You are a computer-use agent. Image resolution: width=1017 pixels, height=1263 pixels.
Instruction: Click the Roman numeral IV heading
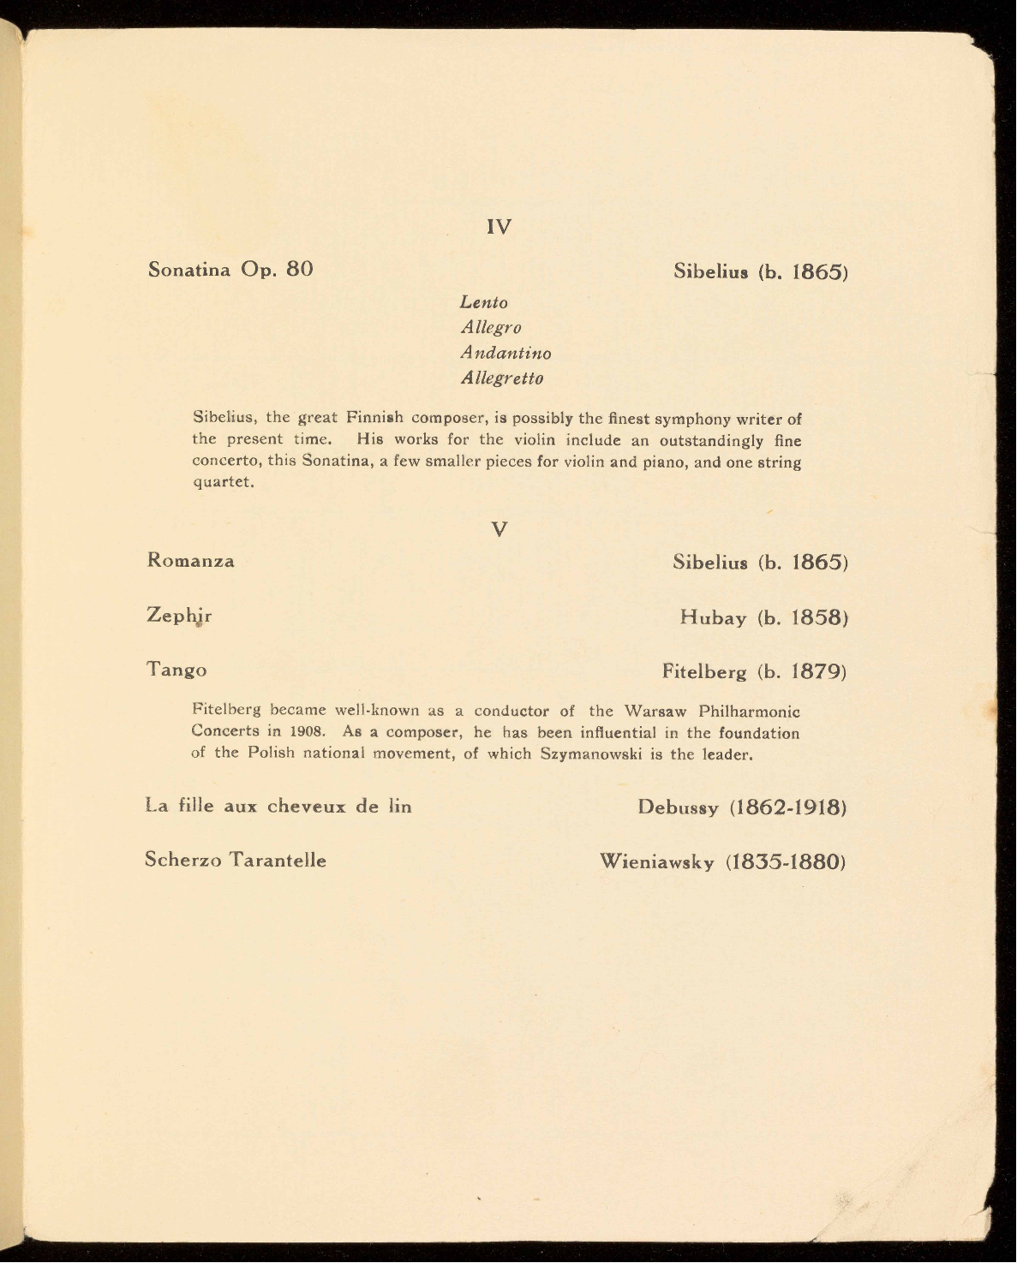click(499, 227)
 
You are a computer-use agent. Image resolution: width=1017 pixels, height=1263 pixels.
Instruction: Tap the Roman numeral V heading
click(500, 529)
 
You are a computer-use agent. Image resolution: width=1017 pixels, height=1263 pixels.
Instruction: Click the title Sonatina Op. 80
click(230, 270)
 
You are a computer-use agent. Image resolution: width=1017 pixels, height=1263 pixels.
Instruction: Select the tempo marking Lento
click(484, 302)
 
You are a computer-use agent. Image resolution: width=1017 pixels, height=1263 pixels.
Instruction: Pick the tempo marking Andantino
click(506, 353)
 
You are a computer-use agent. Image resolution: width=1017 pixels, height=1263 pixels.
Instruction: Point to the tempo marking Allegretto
click(502, 378)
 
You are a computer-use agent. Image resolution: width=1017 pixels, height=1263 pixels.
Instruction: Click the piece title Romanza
click(191, 561)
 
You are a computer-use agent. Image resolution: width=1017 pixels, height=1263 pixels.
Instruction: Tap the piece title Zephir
click(179, 616)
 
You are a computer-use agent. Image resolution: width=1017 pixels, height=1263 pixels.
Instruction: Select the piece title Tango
click(176, 670)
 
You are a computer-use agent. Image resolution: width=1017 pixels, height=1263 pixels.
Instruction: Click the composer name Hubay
click(713, 617)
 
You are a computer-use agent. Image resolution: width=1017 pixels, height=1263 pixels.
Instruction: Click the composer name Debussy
click(678, 807)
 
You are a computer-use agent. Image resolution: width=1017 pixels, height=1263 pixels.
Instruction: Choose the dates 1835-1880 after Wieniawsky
click(786, 861)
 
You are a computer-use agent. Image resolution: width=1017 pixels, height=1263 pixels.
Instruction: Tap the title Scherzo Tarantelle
click(236, 860)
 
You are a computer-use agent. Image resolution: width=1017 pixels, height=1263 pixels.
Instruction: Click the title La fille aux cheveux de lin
click(278, 807)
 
